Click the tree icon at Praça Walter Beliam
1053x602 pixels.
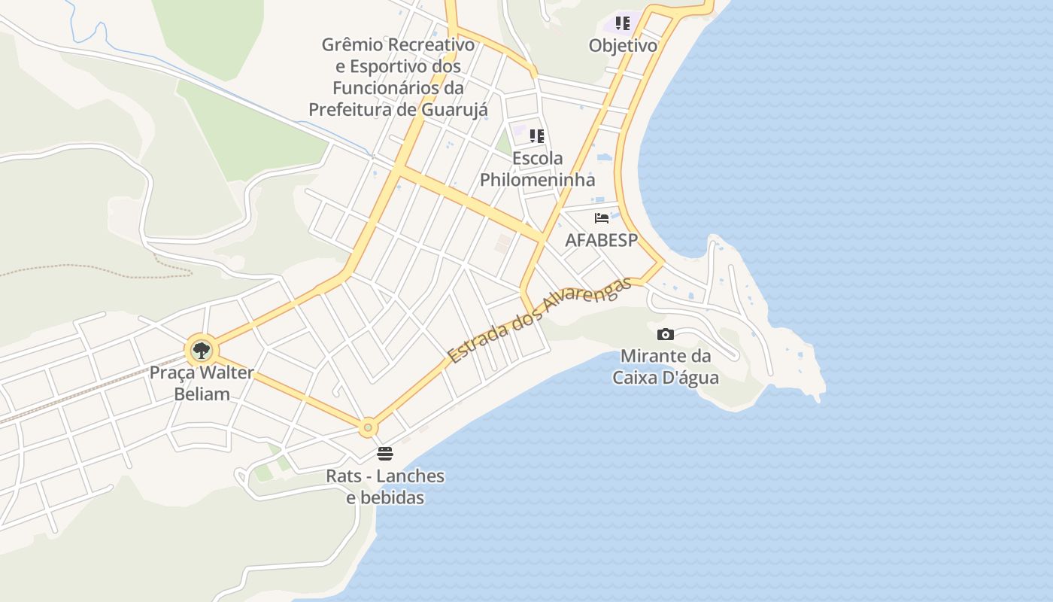coord(201,350)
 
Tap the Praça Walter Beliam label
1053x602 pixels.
coord(202,383)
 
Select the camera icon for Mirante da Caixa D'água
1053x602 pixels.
coord(665,334)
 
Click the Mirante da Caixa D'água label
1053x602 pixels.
coord(665,366)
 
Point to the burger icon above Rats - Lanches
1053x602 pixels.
coord(385,454)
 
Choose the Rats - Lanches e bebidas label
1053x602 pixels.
coord(385,487)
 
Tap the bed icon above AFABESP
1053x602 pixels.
coord(602,218)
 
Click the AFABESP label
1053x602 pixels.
coord(602,241)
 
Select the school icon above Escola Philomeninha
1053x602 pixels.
coord(537,136)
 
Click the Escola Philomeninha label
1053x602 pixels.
coord(537,169)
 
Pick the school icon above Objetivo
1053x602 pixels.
coord(623,23)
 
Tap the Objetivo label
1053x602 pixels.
coord(623,46)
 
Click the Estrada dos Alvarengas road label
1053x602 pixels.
coord(539,321)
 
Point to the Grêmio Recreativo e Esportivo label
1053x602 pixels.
coord(398,77)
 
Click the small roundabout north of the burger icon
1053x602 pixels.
coord(368,428)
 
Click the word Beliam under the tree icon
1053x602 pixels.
coord(202,394)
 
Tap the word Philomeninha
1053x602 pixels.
coord(537,180)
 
